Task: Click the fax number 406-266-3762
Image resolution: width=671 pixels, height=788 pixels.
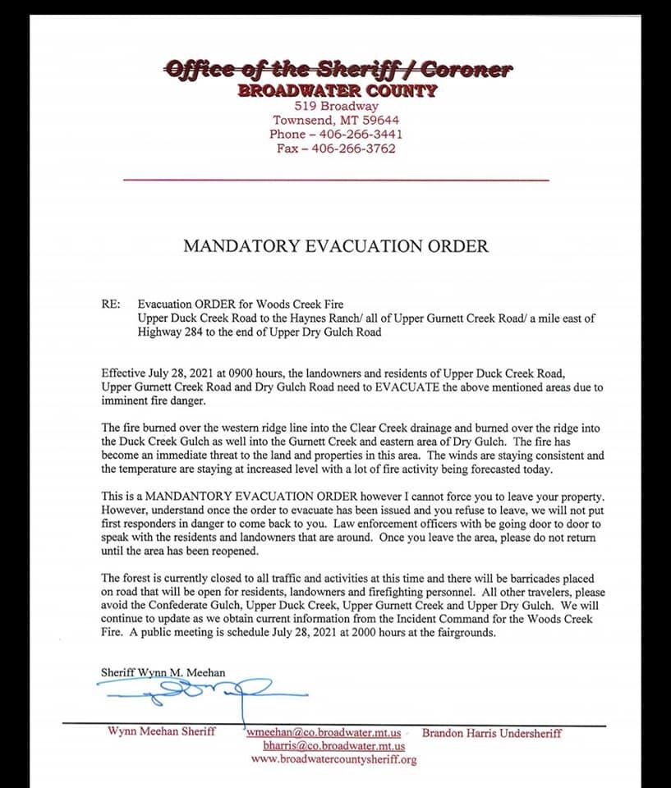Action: [x=353, y=149]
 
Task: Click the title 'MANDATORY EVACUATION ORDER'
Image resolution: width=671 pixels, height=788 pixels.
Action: [x=335, y=245]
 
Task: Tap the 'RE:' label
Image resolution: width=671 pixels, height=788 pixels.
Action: [x=111, y=304]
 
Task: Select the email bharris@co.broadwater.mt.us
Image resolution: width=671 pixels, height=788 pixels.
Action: [x=333, y=746]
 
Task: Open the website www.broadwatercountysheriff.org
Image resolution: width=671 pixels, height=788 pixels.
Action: [x=333, y=760]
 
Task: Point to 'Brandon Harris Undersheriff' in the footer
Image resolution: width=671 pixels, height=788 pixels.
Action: [x=492, y=732]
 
